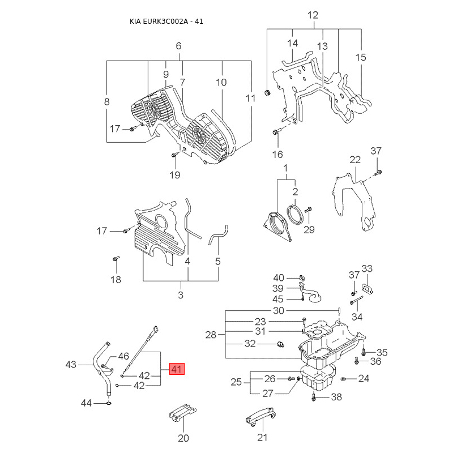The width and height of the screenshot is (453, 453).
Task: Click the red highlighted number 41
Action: [177, 369]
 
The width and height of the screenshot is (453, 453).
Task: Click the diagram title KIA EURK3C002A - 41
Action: [166, 22]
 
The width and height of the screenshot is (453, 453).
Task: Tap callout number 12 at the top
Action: [313, 15]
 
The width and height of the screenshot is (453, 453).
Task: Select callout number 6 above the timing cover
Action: [178, 46]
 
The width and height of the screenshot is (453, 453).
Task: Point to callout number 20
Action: [183, 438]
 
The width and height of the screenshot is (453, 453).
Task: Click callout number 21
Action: [262, 437]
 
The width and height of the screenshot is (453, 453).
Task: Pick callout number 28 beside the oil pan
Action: [211, 335]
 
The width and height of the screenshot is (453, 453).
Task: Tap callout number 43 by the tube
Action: [71, 364]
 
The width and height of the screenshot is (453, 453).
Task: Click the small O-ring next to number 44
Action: [109, 403]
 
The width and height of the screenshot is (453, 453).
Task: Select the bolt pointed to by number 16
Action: [275, 133]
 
